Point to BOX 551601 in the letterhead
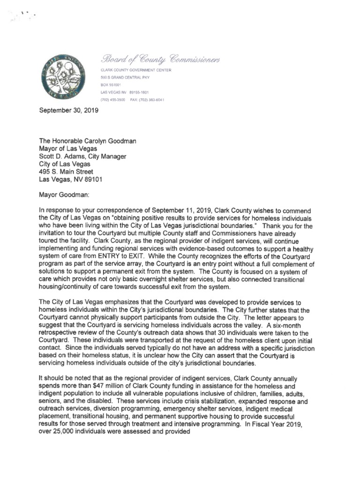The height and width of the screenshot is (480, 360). point(111,85)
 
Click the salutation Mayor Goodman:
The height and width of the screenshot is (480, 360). point(61,194)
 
